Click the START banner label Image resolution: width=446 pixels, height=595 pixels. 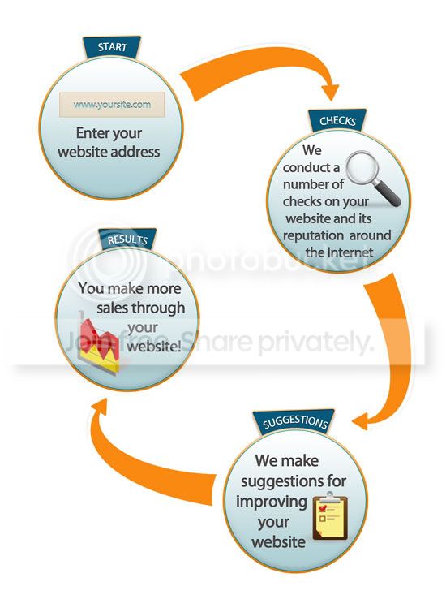coord(112,47)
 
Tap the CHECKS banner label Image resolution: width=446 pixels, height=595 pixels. coord(337,121)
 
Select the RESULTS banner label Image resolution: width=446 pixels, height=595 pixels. coord(127,239)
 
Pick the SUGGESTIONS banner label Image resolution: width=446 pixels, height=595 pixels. coord(294,422)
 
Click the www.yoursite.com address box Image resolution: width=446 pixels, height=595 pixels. coord(112,105)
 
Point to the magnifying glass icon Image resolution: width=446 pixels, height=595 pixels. coord(373,178)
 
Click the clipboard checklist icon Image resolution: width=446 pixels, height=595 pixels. coord(330,516)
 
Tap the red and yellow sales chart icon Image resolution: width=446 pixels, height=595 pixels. coord(99,343)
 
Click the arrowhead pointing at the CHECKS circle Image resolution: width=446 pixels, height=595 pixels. coord(330,92)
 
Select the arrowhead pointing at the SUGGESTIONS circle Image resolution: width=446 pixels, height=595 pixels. coord(361,422)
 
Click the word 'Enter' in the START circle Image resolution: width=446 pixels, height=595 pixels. coord(92,133)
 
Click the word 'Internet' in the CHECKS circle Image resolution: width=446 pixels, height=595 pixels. coord(350,252)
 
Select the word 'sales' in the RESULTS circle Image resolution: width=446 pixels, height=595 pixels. coord(113,308)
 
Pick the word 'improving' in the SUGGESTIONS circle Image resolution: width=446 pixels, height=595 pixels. coord(272,502)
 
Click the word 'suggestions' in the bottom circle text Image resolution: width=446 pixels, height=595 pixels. coord(278,482)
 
